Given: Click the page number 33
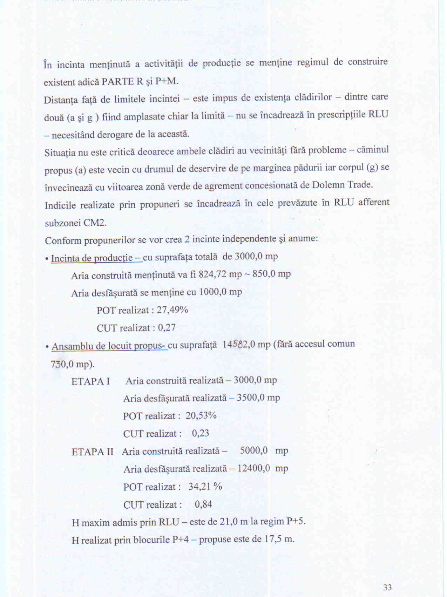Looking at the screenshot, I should (387, 587).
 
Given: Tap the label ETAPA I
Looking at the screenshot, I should (90, 381).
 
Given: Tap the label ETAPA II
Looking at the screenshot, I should (93, 452).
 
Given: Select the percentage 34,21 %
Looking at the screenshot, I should (205, 487).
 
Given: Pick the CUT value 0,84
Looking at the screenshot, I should (203, 504).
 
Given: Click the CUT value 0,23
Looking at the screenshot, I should (200, 433).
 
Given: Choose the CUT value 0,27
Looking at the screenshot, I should (167, 328).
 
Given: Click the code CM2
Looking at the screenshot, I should (95, 223).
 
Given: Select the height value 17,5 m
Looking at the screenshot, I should (279, 539).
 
